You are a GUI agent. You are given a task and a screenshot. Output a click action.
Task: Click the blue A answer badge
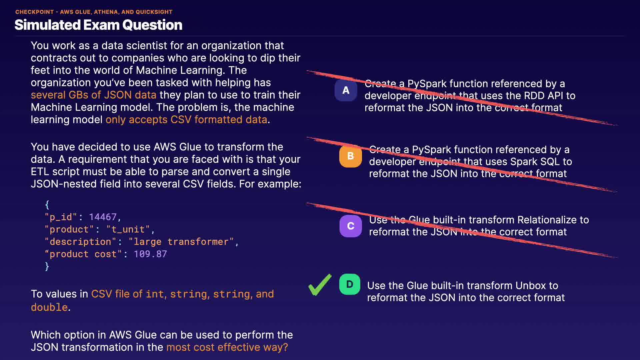coord(346,90)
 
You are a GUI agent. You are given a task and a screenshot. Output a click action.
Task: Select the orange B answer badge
coord(350,156)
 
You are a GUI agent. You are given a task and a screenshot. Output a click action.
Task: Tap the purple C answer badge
coord(350,226)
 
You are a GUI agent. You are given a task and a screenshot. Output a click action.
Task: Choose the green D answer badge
coord(350,284)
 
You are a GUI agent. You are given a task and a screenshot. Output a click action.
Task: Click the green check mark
coord(320,285)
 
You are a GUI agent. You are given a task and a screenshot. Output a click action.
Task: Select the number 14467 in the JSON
coord(103,217)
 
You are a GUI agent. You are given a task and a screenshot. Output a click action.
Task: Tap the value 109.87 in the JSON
coord(150,254)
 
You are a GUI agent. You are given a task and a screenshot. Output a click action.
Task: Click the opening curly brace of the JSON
coord(47,204)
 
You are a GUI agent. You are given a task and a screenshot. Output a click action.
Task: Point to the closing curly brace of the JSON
coord(47,266)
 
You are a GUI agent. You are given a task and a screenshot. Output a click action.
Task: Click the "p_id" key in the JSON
coord(61,217)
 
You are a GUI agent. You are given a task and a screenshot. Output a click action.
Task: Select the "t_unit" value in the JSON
coord(128,229)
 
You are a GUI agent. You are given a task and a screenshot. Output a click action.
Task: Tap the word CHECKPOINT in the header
coord(34,12)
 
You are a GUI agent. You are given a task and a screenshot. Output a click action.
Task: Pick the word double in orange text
coord(49,307)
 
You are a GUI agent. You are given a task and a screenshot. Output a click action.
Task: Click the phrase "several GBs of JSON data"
coord(94,95)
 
